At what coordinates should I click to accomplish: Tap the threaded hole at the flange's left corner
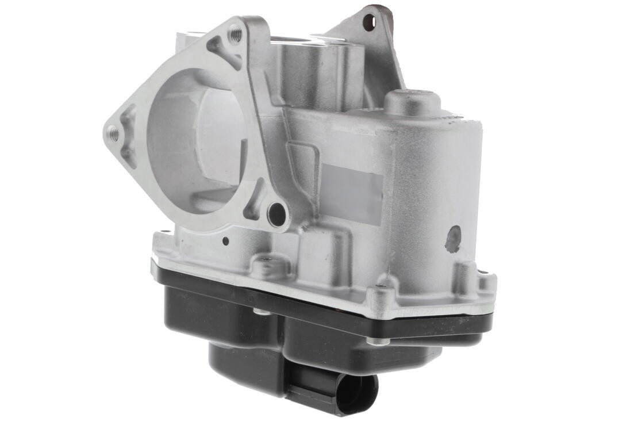point(114,135)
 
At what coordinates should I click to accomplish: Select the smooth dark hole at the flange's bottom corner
point(277,213)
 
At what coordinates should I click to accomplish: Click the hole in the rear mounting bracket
point(369,22)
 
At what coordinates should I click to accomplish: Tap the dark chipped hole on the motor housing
point(453,238)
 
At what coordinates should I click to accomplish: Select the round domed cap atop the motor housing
point(412,102)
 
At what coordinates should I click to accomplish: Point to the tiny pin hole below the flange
point(226,241)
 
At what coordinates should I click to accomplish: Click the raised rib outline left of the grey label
point(303,173)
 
